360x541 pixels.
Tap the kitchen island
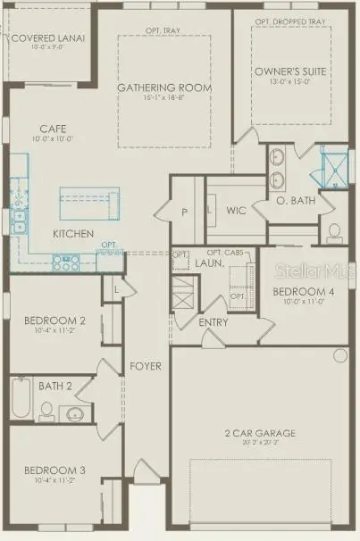click(x=89, y=202)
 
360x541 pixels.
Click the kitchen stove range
click(x=66, y=261)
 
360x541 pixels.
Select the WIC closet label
click(x=236, y=212)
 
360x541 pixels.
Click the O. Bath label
click(x=297, y=200)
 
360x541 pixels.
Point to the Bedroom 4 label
click(x=300, y=292)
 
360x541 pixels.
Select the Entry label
click(x=213, y=322)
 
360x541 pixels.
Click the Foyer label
click(x=145, y=367)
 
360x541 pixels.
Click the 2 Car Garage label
click(x=260, y=434)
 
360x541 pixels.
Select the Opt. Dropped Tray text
click(x=289, y=21)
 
